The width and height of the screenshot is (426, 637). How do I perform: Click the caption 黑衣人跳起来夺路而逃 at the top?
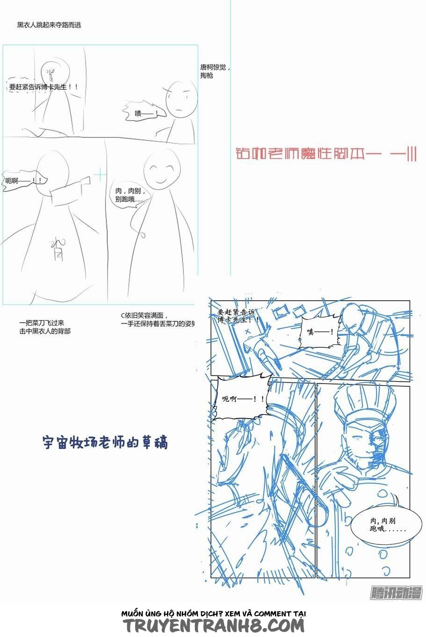point(49,25)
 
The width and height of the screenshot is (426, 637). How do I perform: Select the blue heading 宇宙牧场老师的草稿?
point(105,442)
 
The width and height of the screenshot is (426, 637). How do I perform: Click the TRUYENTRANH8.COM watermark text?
point(214,626)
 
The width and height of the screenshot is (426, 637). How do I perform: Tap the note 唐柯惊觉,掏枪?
point(215,71)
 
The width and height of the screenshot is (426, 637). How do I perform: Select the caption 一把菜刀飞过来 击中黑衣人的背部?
point(45,327)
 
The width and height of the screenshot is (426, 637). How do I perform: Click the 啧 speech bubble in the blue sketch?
point(320,332)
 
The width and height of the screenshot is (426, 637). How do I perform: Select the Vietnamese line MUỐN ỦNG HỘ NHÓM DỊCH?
point(214,613)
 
